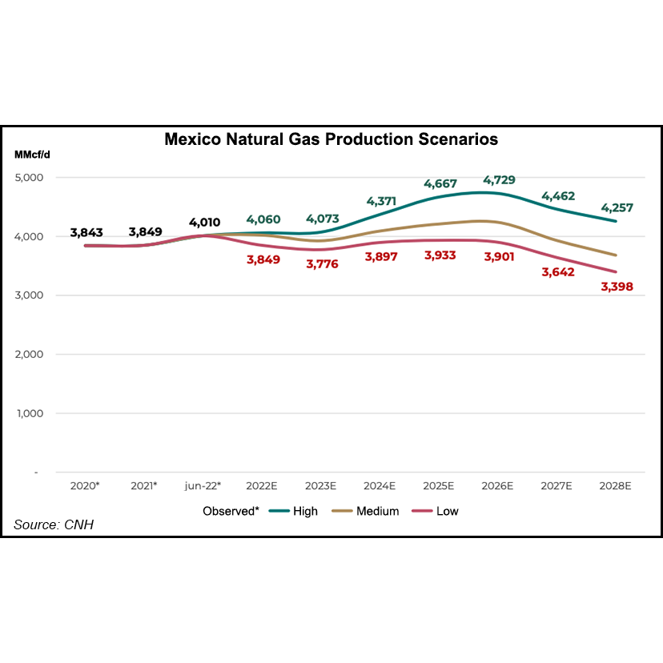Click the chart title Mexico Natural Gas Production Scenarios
point(331,139)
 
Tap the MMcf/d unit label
point(31,155)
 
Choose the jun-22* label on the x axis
point(203,486)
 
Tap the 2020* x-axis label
point(86,486)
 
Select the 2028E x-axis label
point(614,486)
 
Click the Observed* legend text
point(231,511)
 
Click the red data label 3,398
point(616,285)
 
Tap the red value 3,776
point(321,263)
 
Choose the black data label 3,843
point(86,232)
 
